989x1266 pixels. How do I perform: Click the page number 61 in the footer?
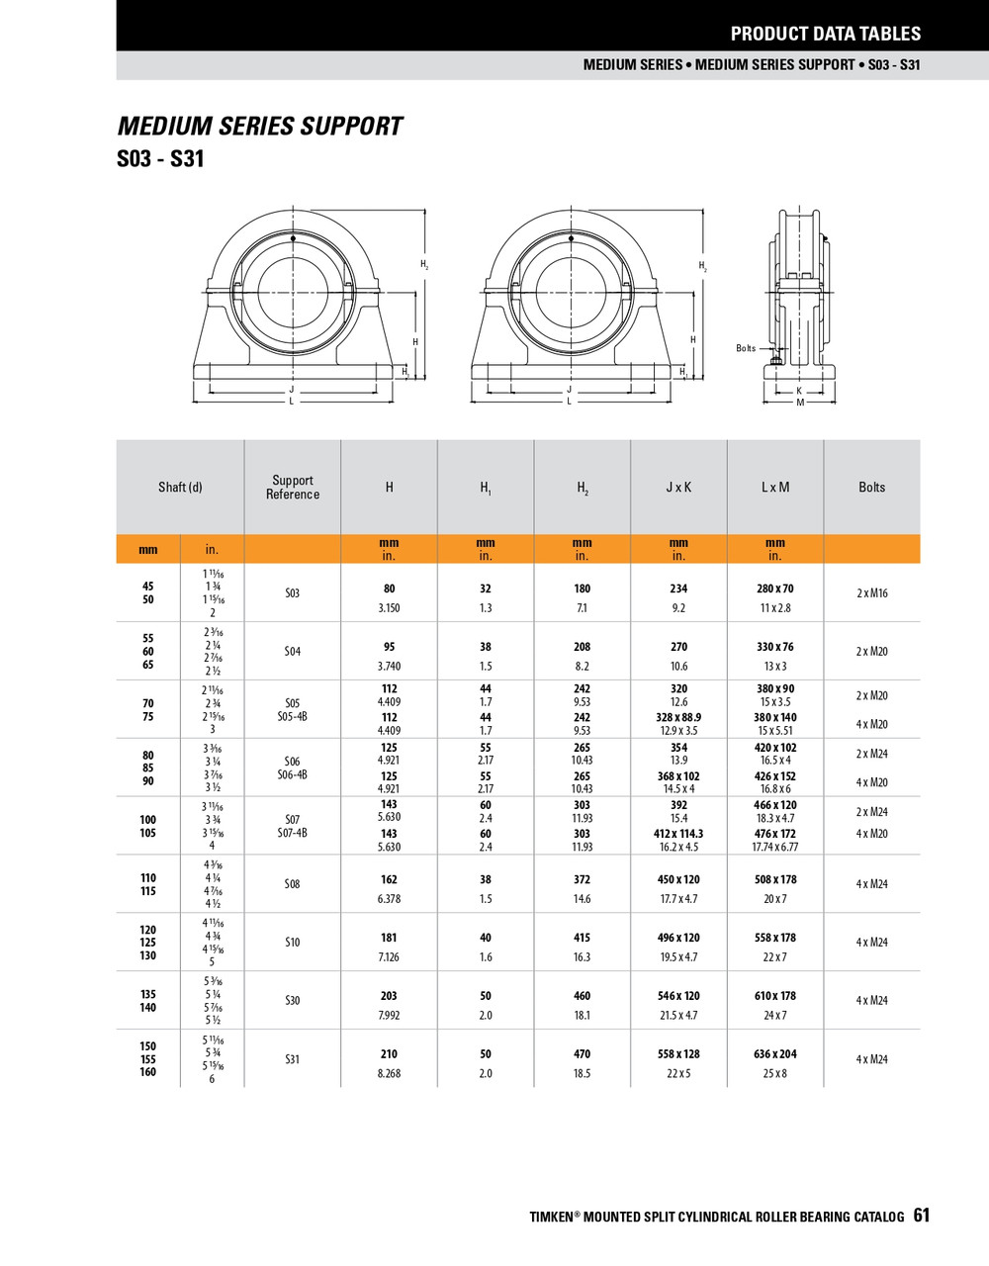click(921, 1216)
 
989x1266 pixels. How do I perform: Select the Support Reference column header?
click(292, 488)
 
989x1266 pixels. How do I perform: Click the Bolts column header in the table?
click(871, 488)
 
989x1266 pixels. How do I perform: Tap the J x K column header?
click(678, 488)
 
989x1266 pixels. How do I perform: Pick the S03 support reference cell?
click(292, 593)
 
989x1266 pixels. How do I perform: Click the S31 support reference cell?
click(292, 1059)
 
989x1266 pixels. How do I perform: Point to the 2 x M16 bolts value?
click(871, 593)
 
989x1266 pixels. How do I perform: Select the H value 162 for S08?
click(389, 879)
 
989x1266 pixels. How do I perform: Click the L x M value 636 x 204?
click(774, 1054)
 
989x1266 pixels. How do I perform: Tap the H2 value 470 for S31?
click(582, 1054)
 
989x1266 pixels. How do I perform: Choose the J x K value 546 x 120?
click(678, 996)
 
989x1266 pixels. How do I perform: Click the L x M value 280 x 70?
click(774, 588)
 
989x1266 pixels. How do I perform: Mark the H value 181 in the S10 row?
click(389, 938)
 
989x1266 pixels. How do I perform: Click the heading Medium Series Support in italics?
click(260, 127)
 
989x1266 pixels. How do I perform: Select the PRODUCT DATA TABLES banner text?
click(825, 34)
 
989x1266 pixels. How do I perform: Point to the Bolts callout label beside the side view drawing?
click(746, 348)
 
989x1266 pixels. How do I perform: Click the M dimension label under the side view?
click(800, 403)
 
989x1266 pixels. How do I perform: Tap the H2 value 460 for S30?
click(582, 996)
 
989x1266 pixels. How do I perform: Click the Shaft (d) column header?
click(180, 488)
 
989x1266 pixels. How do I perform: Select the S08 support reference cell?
click(292, 884)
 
